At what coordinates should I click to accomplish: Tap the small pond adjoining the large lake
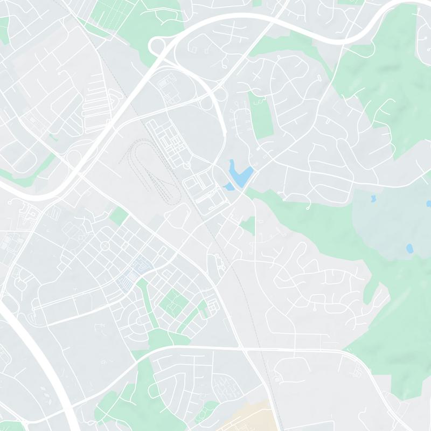click(229, 187)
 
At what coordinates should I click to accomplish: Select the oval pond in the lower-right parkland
click(409, 248)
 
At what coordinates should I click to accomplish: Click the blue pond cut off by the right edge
click(429, 204)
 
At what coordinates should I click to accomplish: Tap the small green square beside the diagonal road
click(119, 216)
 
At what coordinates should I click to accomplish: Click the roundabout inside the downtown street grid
click(105, 246)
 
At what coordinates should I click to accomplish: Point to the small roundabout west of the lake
click(186, 165)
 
